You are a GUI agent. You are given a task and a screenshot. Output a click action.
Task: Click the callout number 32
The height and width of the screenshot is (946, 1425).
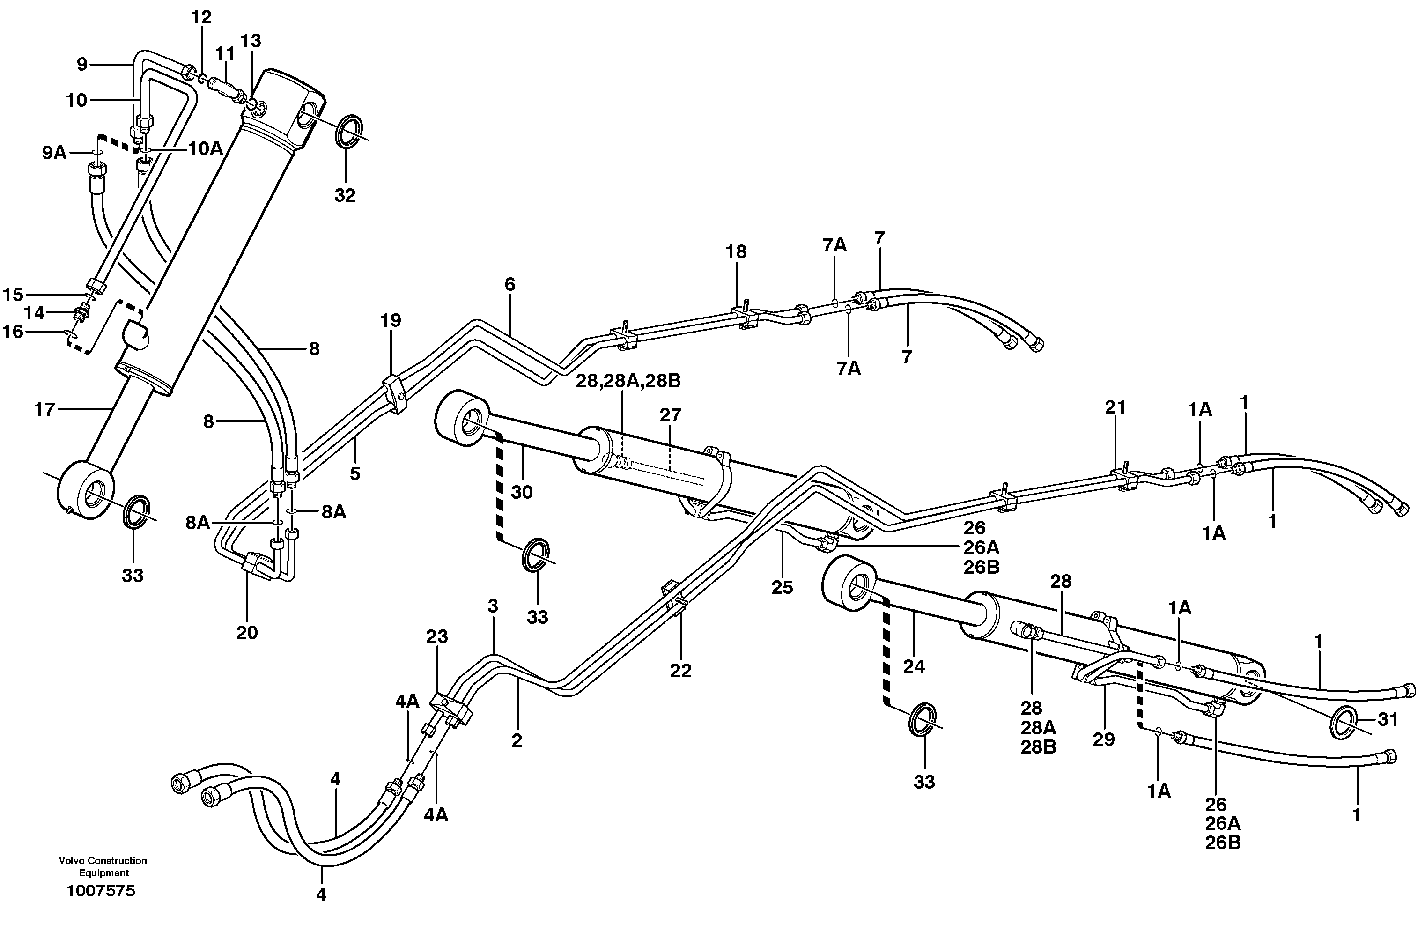[x=345, y=195]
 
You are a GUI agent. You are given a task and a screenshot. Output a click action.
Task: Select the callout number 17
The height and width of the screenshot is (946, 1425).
[x=44, y=410]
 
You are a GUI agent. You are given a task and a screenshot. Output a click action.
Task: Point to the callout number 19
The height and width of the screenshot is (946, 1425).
[x=391, y=320]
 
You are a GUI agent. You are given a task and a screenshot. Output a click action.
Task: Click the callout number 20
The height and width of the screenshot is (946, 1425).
[x=247, y=632]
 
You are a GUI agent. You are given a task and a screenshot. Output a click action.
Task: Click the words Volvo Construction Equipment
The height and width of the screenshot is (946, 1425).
[x=103, y=866]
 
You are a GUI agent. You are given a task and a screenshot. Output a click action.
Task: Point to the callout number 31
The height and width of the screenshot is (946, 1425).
[x=1388, y=719]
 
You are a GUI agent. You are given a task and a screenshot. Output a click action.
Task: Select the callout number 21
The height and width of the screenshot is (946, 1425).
[x=1115, y=407]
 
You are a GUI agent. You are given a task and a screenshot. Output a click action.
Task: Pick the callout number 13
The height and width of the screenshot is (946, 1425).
[x=251, y=41]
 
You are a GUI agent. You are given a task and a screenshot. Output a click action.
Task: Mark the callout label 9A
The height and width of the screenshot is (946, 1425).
[x=54, y=153]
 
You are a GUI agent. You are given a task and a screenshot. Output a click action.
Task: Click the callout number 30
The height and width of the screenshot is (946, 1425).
[x=521, y=492]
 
